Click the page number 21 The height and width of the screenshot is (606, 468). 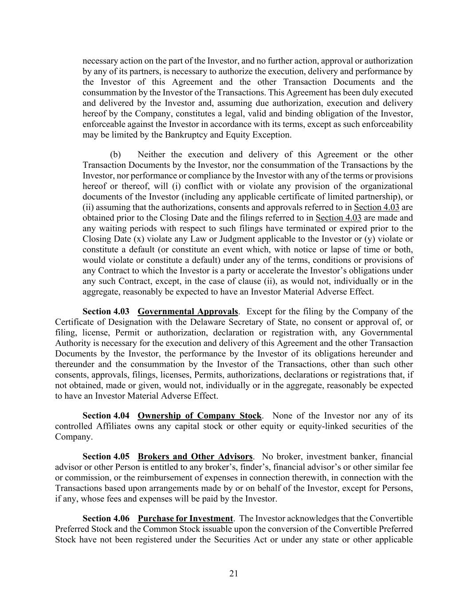pos(234,574)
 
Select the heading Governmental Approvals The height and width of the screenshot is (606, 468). pos(188,311)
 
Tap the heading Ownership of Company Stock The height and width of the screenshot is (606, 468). pos(200,416)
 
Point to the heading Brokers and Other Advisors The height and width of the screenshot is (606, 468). pos(195,456)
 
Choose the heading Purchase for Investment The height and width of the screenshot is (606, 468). pos(185,519)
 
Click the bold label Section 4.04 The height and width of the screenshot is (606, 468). pos(106,416)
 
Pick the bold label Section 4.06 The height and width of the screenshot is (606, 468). pos(106,519)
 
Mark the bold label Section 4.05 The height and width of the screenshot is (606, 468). pos(106,456)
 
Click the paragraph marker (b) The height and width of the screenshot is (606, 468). pos(115,154)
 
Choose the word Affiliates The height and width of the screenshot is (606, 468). pos(113,426)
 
